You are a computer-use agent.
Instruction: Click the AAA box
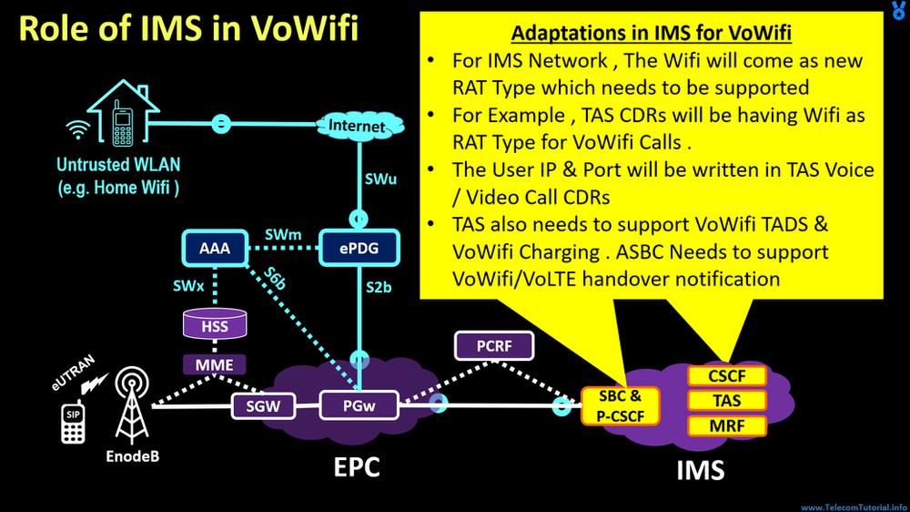(215, 247)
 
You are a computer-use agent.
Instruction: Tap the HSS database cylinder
(215, 324)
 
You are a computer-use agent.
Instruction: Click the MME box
(215, 365)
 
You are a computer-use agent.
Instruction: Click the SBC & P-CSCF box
(619, 404)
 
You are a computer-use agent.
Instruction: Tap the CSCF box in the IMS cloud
(725, 375)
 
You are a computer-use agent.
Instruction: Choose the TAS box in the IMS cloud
(725, 400)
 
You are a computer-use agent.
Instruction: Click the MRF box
(725, 425)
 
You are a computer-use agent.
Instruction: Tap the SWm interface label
(283, 235)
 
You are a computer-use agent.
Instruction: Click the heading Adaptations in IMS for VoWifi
(651, 35)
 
